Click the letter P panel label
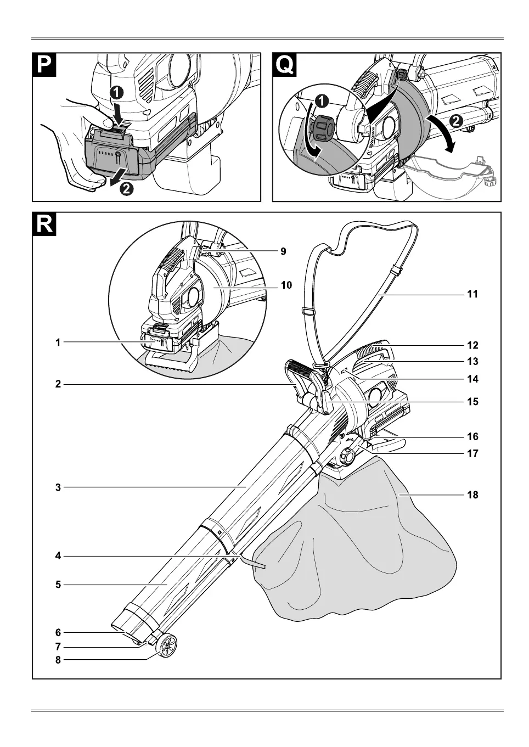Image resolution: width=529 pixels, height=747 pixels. point(44,65)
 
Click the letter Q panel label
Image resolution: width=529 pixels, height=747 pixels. point(284,65)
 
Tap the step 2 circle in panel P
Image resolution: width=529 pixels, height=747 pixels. point(126,189)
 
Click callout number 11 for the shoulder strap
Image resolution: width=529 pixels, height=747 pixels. point(472,294)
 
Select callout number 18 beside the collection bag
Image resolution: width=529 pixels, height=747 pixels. point(472,495)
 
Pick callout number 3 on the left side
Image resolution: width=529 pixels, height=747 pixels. point(58,487)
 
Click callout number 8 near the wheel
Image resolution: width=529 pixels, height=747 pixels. point(58,660)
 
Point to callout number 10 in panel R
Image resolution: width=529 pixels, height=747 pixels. point(286,285)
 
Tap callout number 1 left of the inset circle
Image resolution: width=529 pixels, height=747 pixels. point(58,342)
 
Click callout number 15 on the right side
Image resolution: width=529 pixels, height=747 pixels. point(472,402)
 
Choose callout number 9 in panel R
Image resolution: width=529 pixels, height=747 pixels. point(283,251)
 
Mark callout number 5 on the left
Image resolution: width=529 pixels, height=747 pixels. point(58,585)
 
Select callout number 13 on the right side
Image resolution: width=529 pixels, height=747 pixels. point(472,361)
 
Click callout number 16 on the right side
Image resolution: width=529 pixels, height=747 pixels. point(472,436)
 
